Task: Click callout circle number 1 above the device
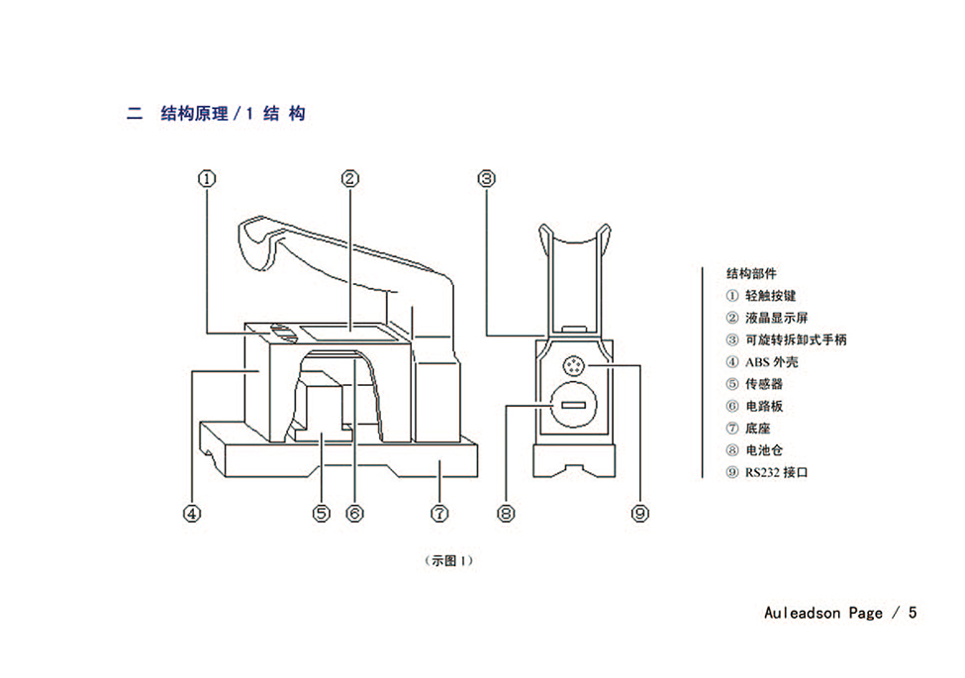(207, 178)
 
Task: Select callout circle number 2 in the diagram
(350, 178)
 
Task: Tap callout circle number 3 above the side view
(487, 178)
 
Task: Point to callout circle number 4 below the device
(192, 513)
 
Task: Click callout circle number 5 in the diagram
(322, 513)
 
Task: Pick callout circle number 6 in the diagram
(355, 513)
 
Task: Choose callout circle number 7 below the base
(439, 513)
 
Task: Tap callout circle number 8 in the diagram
(506, 513)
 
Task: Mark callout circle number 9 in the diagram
(640, 513)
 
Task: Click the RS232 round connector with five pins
(573, 366)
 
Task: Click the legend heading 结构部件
(751, 273)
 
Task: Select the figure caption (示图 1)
(448, 560)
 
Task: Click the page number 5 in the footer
(913, 613)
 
